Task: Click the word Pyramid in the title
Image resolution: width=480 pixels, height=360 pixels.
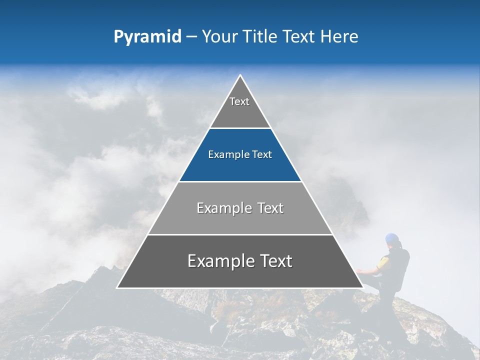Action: [147, 37]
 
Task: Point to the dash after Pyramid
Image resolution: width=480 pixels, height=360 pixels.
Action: [191, 37]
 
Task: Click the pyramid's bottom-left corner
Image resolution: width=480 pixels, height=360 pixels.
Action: [118, 287]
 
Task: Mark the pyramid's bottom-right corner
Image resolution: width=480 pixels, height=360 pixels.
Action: [362, 287]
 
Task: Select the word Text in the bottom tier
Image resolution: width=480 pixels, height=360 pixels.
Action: [274, 261]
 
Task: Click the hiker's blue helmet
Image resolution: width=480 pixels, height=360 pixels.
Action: [392, 238]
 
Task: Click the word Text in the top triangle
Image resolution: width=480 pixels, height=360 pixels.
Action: [239, 101]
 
